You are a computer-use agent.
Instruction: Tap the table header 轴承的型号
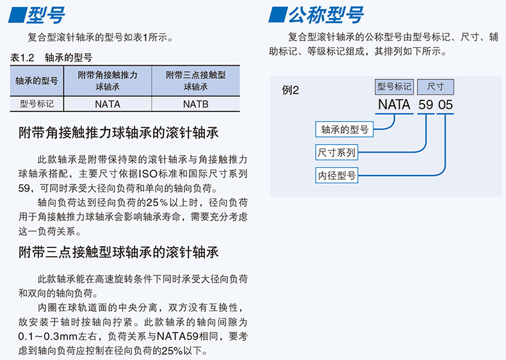tap(37, 81)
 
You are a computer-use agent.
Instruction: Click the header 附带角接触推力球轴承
tap(107, 81)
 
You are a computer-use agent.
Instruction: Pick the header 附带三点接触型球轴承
tap(195, 81)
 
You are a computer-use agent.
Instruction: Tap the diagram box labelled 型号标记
tap(394, 86)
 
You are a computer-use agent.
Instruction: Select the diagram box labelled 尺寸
tap(436, 86)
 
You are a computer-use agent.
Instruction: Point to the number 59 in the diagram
tap(426, 104)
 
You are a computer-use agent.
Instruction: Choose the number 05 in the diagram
tap(445, 104)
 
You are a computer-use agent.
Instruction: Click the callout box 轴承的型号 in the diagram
tap(345, 129)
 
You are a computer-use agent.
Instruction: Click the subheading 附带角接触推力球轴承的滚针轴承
tap(118, 133)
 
